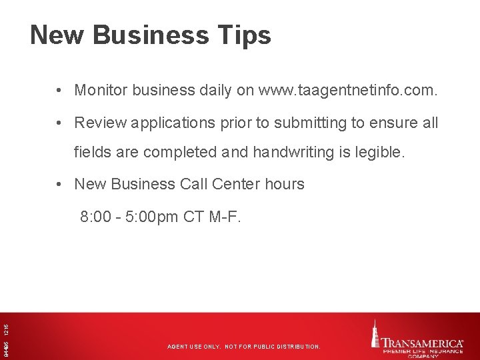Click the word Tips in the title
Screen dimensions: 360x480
[x=245, y=35]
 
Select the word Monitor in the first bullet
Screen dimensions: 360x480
[x=101, y=90]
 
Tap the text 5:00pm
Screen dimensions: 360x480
[x=153, y=217]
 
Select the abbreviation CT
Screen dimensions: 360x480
[x=196, y=217]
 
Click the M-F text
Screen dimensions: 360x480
[x=227, y=217]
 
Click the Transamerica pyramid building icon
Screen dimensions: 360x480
[x=377, y=333]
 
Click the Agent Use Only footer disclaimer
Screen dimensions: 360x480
[x=243, y=347]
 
